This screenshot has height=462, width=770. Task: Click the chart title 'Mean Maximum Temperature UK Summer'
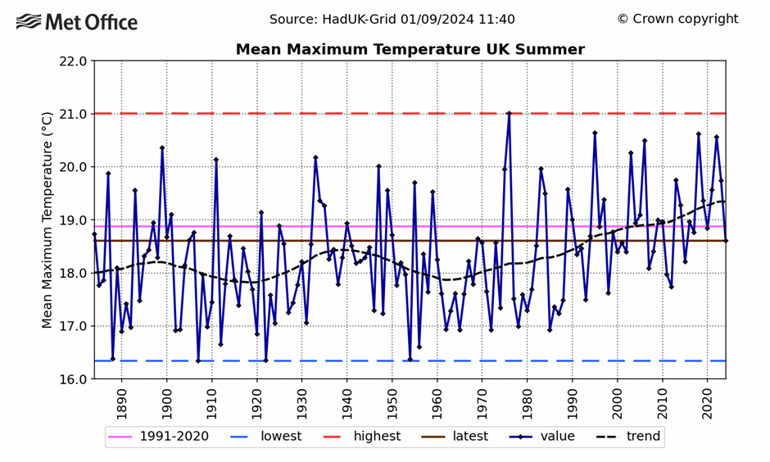coord(410,50)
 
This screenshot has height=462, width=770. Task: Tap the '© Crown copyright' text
coord(677,19)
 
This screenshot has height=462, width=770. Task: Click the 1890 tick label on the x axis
coord(121,400)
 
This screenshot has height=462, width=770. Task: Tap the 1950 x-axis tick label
coord(392,400)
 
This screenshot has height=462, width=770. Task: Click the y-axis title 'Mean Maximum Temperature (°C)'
coord(48,220)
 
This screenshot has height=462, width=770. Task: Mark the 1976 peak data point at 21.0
coord(509,114)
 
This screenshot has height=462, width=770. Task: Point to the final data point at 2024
coord(726,241)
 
